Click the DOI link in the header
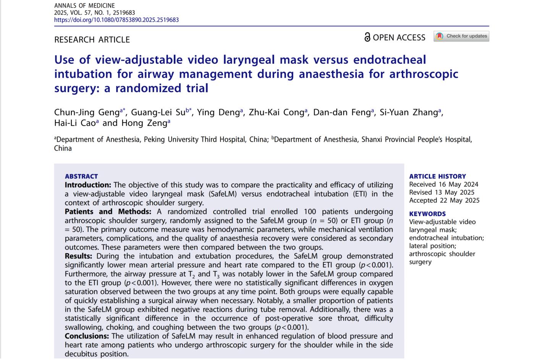coord(116,20)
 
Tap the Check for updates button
coord(461,36)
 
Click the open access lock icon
coord(367,37)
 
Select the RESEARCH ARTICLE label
coord(92,40)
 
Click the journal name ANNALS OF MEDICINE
coord(84,5)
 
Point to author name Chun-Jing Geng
coord(87,112)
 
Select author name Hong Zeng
coord(144,123)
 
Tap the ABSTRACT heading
coord(81,176)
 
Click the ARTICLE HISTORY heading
coord(437,176)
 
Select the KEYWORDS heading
coord(427,214)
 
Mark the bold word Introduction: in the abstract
coord(88,185)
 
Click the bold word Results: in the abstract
coord(78,256)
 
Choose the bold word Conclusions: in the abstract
coord(87,336)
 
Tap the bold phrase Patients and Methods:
coord(108,212)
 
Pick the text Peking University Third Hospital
coord(194,140)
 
